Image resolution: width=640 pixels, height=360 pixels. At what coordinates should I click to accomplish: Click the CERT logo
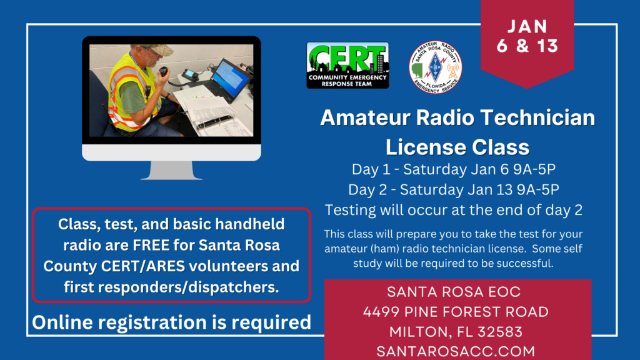coord(347,65)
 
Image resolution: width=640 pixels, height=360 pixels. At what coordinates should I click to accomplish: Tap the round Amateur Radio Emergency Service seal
coord(436,67)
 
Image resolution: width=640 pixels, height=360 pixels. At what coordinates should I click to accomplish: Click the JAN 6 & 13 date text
coord(527,36)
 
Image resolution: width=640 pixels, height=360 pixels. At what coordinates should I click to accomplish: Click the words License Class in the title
coord(457,147)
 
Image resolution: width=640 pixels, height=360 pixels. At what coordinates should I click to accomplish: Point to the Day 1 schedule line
coord(454,169)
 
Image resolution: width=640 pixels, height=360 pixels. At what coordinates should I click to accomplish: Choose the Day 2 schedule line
coord(454,189)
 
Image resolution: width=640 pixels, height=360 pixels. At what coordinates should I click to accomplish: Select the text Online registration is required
coord(171,322)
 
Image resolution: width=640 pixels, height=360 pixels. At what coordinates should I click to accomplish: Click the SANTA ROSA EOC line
coord(454,292)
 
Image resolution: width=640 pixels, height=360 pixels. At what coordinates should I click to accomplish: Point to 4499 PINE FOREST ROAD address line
coord(456,312)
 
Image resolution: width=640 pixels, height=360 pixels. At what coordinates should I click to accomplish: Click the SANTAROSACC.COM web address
coord(456,351)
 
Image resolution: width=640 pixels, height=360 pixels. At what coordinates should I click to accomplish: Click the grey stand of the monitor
coord(171,170)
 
